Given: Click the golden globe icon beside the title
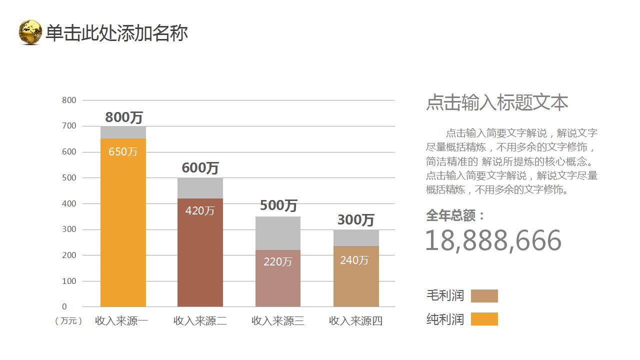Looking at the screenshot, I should click(x=30, y=32).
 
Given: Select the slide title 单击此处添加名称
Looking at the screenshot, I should click(x=116, y=33).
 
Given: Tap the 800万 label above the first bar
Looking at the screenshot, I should click(x=124, y=117).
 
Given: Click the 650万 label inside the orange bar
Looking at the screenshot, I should click(x=123, y=151).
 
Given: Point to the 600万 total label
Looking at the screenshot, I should click(x=200, y=168).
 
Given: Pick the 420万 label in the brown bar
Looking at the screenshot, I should click(x=200, y=211).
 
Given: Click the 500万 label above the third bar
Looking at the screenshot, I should click(x=278, y=205).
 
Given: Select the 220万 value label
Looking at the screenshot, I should click(x=277, y=261).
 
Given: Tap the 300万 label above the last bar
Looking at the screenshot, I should click(x=356, y=220).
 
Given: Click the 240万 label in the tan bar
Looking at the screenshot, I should click(x=354, y=260).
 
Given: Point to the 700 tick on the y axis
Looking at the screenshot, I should click(x=69, y=126).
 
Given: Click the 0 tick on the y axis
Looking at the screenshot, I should click(x=64, y=306).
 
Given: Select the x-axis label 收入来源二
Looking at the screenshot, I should click(x=200, y=321).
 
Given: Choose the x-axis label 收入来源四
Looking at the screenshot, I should click(x=356, y=321).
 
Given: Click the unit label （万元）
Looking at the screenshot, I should click(x=68, y=321).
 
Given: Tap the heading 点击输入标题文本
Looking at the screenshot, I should click(x=497, y=102).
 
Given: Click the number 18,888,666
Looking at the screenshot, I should click(x=493, y=240).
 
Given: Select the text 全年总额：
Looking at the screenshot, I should click(x=455, y=215).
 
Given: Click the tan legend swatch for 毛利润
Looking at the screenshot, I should click(x=484, y=296).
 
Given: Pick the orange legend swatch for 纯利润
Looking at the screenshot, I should click(x=484, y=319).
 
